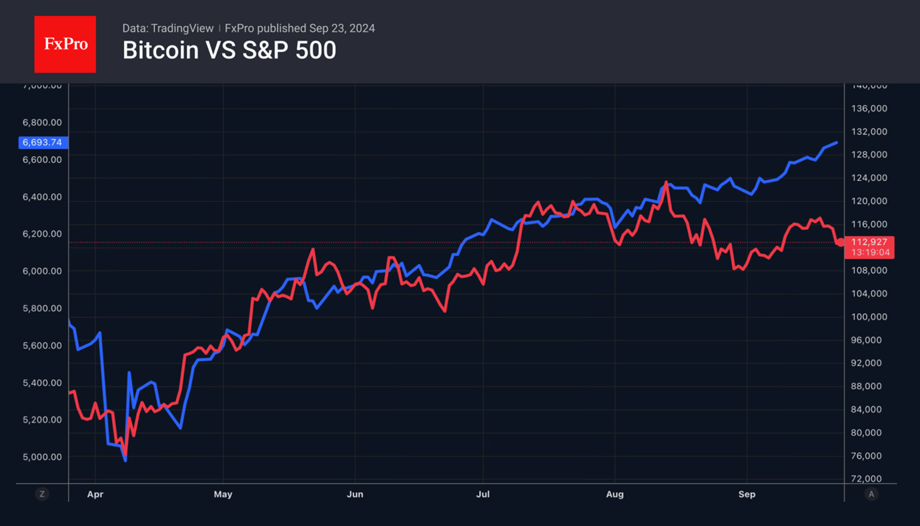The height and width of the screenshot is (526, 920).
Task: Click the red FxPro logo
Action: pos(65,44)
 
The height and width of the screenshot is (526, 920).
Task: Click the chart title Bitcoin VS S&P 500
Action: pos(229,51)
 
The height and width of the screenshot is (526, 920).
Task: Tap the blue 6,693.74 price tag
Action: pos(43,142)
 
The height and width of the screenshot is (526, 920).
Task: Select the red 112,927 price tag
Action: pos(869,242)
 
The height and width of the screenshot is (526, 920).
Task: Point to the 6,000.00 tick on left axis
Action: pos(42,271)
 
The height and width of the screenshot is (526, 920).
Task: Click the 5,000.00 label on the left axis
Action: pos(42,457)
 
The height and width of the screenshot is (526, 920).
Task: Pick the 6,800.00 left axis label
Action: pos(42,123)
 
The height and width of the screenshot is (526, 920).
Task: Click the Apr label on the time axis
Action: pos(95,495)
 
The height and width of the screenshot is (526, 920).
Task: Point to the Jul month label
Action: pos(482,495)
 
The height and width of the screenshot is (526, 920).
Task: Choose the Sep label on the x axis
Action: pos(747,495)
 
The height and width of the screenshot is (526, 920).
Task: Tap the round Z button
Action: pos(42,494)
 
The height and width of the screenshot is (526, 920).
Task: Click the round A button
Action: pos(871,494)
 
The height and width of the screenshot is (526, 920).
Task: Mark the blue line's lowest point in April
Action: pos(125,461)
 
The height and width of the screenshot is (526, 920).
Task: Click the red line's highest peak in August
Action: pos(666,182)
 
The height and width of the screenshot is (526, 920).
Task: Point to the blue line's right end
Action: pos(837,142)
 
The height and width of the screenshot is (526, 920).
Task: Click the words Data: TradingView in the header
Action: pos(167,29)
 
